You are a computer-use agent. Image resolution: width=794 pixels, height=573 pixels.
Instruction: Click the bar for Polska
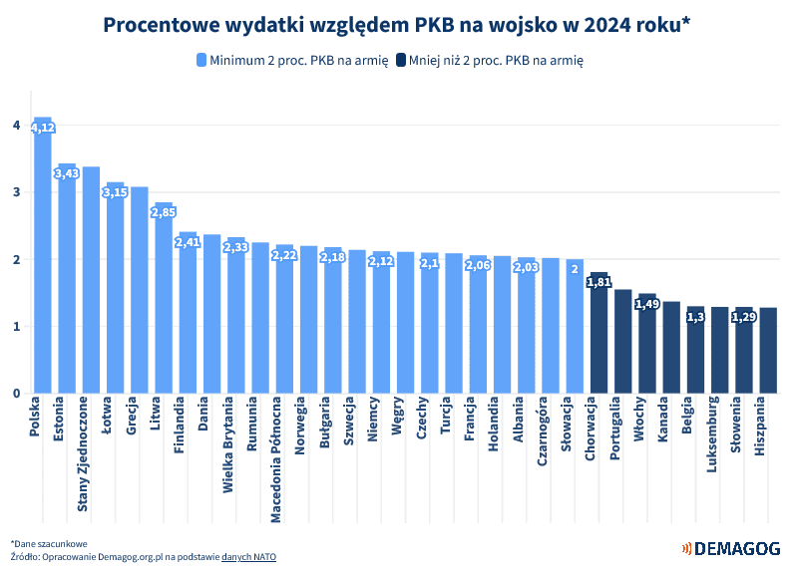point(43,259)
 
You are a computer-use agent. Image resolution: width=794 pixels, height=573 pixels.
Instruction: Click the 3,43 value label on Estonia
point(67,173)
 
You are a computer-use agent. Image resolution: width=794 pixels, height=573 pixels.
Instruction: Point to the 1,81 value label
point(599,282)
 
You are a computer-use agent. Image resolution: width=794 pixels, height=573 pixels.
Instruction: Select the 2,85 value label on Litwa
point(164,212)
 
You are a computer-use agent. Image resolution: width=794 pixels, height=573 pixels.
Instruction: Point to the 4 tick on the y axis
point(16,126)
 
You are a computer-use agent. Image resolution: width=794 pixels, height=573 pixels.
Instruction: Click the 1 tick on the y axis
point(16,327)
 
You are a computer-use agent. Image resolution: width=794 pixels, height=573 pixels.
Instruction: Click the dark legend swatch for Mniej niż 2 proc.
point(401,60)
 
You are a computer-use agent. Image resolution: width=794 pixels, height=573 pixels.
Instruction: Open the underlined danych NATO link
point(248,556)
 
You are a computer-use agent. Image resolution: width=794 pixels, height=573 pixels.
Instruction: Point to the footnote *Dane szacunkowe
point(50,543)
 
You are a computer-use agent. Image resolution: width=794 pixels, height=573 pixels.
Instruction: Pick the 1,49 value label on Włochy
point(647,304)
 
